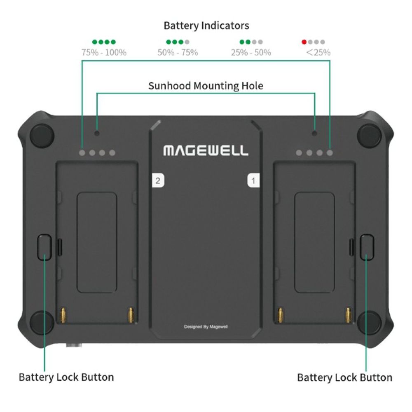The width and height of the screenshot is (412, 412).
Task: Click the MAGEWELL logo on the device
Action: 206,150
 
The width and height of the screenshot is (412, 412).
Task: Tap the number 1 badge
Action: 253,180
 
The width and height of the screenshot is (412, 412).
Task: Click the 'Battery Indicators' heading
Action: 206,26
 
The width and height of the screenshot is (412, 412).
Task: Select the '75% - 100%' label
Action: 104,52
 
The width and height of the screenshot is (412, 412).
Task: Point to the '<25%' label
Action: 318,52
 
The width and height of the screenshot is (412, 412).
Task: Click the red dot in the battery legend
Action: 304,42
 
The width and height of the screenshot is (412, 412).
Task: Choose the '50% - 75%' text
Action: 178,52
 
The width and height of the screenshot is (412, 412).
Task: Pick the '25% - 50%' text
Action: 251,52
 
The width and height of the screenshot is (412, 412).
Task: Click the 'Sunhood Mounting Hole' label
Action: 206,86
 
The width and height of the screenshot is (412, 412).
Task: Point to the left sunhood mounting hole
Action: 97,133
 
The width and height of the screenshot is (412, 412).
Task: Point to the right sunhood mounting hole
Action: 315,133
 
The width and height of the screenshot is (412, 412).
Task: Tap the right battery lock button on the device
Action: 366,247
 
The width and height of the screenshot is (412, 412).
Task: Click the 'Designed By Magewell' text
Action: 206,327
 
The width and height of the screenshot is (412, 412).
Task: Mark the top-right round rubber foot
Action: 369,135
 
